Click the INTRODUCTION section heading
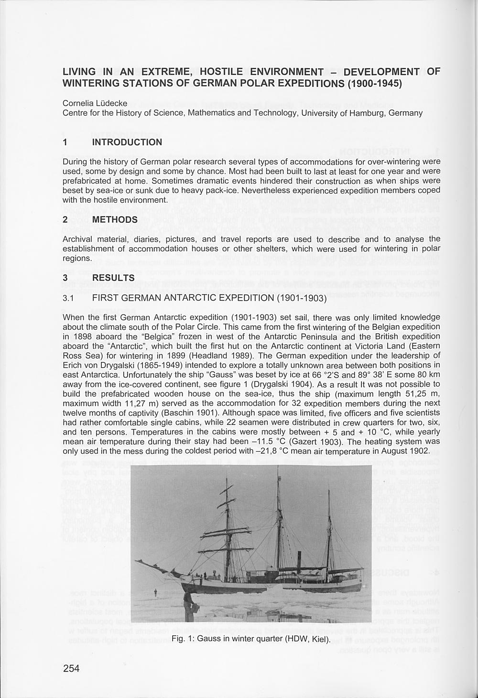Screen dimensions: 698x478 tap(127, 142)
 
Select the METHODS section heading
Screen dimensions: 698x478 tap(115, 220)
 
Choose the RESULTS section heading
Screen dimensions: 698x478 tap(113, 278)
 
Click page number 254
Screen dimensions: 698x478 tap(71, 669)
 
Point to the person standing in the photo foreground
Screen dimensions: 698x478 tap(188, 605)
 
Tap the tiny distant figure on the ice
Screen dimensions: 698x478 tap(156, 593)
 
